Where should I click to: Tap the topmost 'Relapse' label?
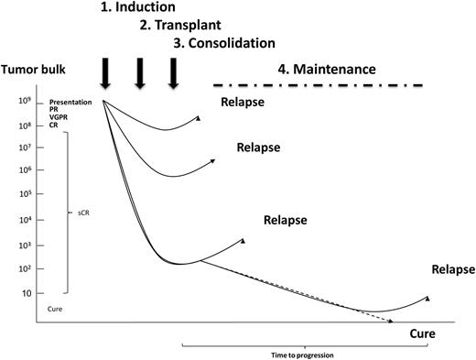243,103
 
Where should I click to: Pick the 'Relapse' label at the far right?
453,269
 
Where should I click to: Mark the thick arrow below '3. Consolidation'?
173,72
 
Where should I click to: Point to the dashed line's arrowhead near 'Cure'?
391,322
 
